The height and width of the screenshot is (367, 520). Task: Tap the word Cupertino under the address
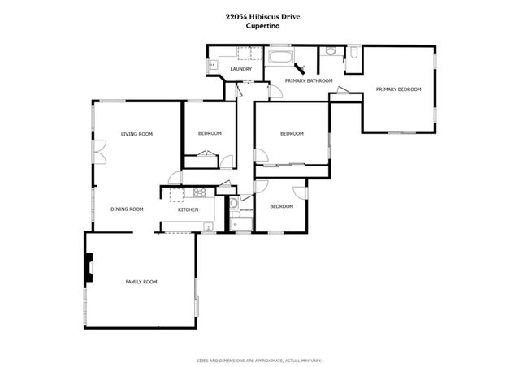[259, 25]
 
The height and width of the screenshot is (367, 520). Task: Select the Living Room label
[137, 134]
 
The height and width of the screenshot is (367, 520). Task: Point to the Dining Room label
[127, 209]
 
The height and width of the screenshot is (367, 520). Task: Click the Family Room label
[141, 282]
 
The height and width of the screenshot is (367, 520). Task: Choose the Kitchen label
[188, 210]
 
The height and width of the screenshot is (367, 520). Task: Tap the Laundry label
[240, 70]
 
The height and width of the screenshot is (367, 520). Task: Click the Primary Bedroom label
[398, 89]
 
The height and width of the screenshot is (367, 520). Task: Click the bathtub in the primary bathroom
[282, 57]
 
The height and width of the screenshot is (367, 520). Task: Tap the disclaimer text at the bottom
[259, 360]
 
